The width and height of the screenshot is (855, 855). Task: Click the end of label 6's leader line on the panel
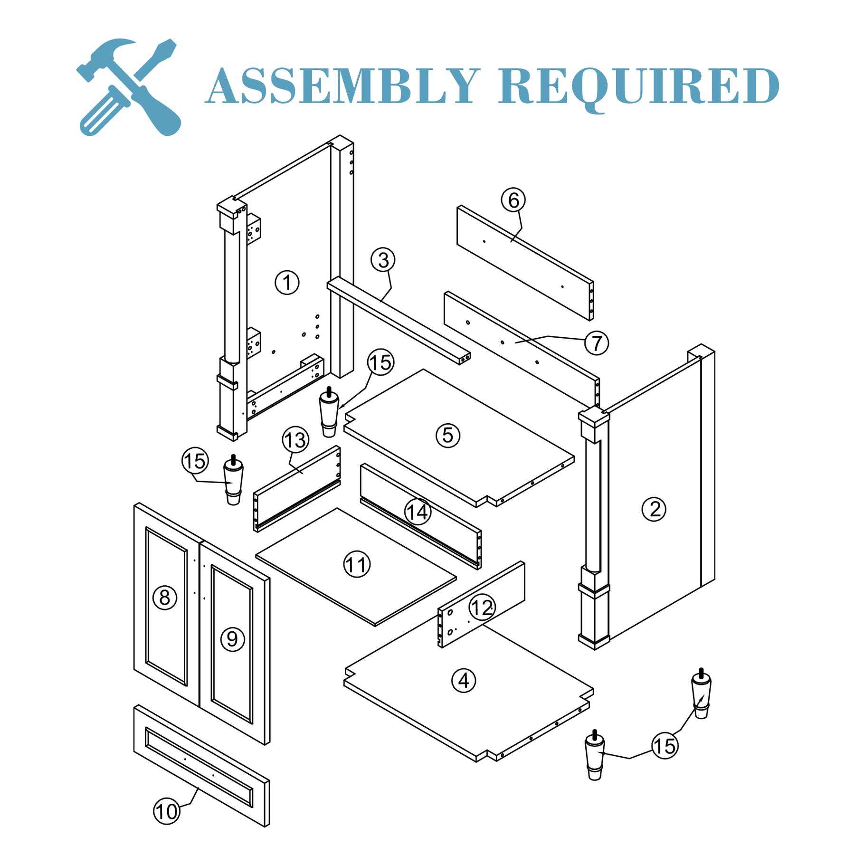(511, 242)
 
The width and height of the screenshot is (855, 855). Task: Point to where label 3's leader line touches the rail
(381, 301)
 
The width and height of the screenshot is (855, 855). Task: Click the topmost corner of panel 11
(337, 508)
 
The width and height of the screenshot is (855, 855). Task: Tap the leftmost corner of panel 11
(256, 555)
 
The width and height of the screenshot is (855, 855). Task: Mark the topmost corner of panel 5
(423, 369)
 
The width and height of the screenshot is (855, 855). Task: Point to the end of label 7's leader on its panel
(515, 342)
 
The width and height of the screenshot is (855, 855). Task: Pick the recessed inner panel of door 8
(166, 607)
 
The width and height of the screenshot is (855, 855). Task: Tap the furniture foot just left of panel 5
(329, 412)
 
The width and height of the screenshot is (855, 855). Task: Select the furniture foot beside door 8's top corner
(233, 480)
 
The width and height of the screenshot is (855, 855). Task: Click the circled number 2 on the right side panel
(654, 509)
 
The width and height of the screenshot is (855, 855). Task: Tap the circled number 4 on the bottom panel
(464, 681)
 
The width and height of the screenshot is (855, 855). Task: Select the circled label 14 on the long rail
(418, 513)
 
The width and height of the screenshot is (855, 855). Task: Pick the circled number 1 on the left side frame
(287, 283)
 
